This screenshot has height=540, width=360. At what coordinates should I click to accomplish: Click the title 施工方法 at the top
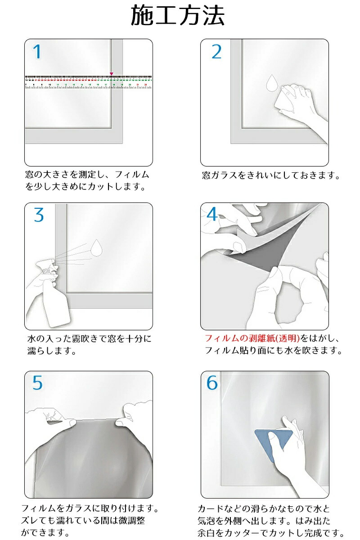[x=178, y=16]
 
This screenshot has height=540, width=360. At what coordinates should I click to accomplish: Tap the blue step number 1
[x=37, y=52]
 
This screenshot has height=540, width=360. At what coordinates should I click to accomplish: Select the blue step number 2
[x=216, y=52]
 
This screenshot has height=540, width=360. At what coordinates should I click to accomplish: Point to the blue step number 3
[x=39, y=215]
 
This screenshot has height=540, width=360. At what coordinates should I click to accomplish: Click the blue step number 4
[x=212, y=214]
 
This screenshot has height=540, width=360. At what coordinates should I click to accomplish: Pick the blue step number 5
[x=37, y=382]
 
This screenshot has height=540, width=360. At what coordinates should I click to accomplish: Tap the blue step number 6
[x=212, y=382]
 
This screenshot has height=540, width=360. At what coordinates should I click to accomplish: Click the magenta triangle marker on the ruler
[x=112, y=73]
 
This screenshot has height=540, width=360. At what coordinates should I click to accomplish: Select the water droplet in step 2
[x=272, y=83]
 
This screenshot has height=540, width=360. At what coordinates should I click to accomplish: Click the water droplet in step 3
[x=96, y=247]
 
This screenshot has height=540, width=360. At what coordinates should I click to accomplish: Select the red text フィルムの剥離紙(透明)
[x=252, y=338]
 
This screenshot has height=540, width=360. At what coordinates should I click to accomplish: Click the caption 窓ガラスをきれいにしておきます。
[x=271, y=175]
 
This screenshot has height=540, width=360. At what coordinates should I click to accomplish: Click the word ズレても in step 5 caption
[x=39, y=521]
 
